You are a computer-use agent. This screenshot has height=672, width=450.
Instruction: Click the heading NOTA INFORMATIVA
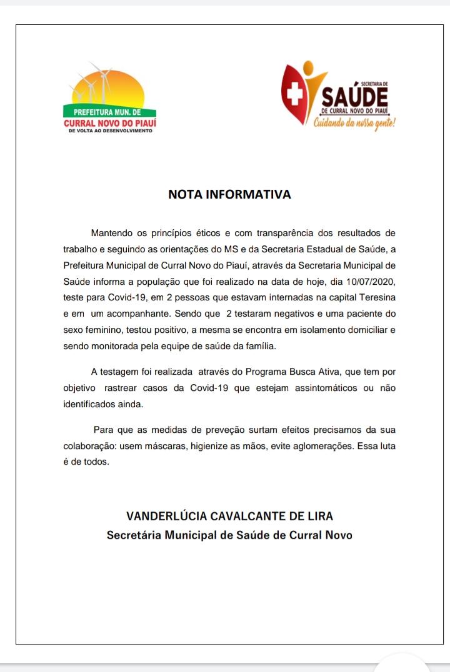[229, 194]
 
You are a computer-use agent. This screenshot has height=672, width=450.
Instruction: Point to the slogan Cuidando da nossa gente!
[355, 123]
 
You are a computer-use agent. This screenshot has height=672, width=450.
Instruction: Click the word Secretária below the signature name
[134, 535]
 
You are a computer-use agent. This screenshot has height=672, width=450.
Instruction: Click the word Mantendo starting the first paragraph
[112, 233]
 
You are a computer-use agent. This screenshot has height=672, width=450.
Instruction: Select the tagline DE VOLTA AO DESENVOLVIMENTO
[109, 131]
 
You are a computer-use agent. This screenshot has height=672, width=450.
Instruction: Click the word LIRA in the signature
[319, 516]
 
